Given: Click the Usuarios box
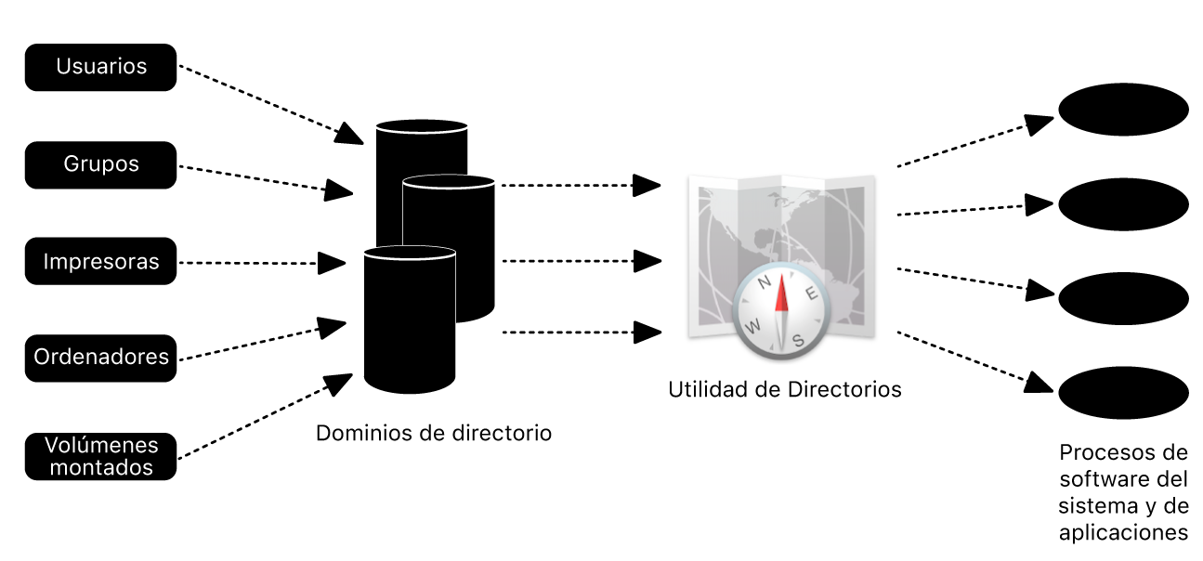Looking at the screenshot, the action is [x=100, y=67].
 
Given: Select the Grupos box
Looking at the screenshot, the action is [x=100, y=164].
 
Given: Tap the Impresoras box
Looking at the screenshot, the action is [x=100, y=261].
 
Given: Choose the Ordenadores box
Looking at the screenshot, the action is [x=100, y=359].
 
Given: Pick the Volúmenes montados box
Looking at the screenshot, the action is [x=100, y=456].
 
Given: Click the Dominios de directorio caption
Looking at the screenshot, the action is [x=434, y=433].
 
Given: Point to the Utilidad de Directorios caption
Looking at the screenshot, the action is [x=785, y=390].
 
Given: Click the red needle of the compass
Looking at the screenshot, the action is [x=781, y=294].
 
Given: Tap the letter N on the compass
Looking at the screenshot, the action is [x=764, y=282].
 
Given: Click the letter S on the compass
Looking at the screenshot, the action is [x=799, y=340].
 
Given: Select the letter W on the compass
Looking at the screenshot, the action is [x=752, y=326].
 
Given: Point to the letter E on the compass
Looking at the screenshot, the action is [x=812, y=294].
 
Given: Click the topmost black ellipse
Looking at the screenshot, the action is [x=1123, y=109].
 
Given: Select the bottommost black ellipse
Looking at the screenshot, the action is [x=1123, y=393].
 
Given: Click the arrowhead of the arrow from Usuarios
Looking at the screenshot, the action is [x=350, y=134].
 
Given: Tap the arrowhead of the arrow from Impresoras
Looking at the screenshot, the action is [x=332, y=263].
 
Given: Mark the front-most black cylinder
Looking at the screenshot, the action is [x=410, y=320].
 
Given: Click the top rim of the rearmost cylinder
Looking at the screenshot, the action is [x=422, y=126].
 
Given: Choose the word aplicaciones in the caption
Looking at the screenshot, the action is [x=1123, y=533].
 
